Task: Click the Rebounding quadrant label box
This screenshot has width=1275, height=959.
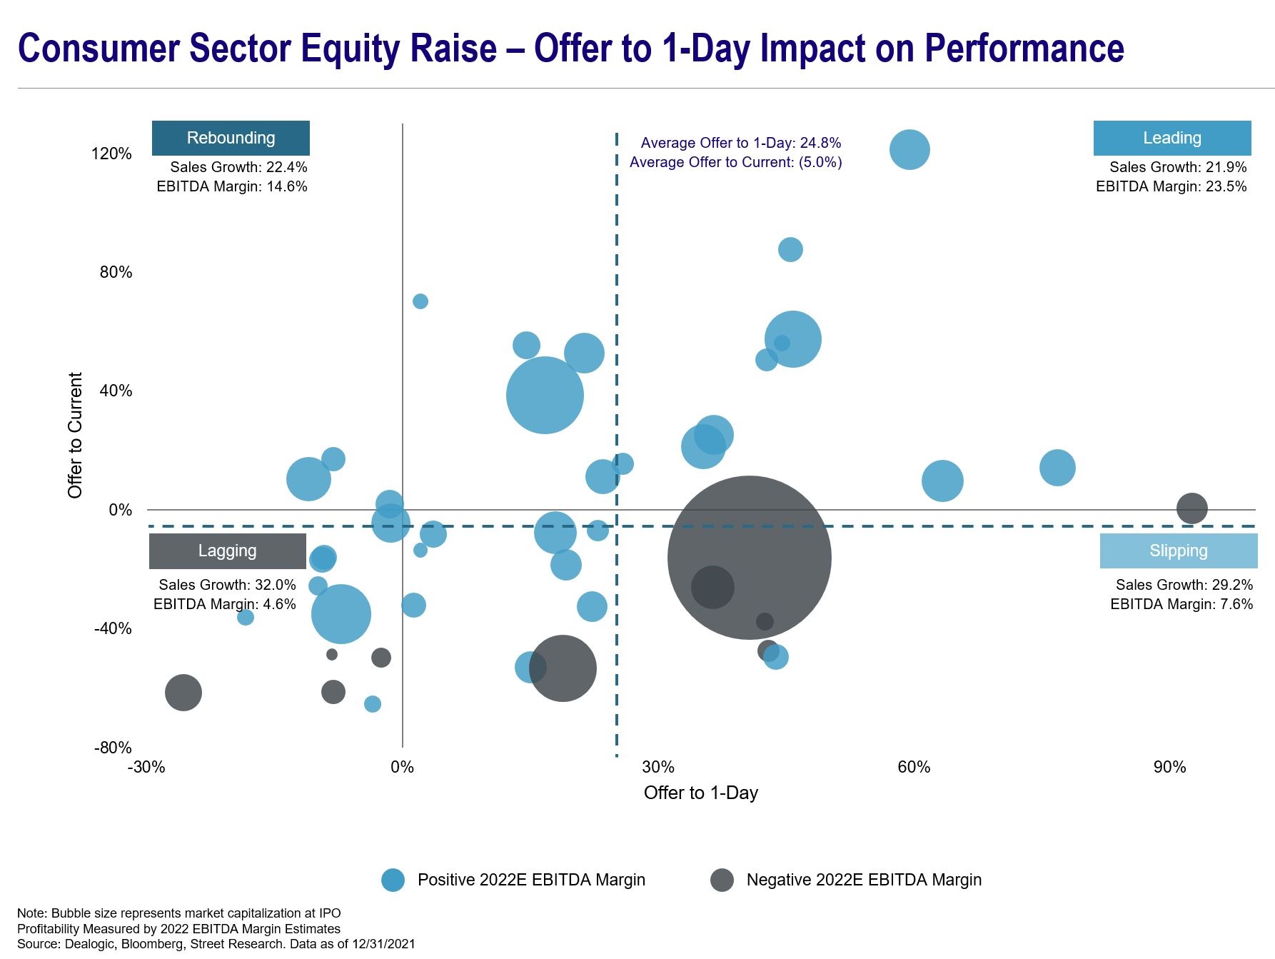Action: coord(231,138)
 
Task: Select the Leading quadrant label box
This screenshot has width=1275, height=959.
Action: coord(1171,138)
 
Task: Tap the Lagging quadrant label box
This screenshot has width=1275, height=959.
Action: coord(227,551)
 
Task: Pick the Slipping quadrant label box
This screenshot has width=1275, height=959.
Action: coord(1178,551)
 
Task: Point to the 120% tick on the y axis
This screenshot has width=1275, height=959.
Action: coord(111,154)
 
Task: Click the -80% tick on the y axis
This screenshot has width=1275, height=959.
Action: coord(113,748)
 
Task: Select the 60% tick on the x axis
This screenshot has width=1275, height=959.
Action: coord(914,767)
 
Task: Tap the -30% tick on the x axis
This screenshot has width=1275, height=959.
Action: coord(146,767)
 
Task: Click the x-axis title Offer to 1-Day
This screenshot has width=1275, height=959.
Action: coord(700,793)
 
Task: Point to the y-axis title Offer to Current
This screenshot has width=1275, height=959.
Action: coord(75,435)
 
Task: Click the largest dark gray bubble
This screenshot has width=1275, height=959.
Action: coord(749,558)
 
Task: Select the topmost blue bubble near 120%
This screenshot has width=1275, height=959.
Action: coord(909,150)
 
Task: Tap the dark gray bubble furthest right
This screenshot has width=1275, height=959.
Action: coord(1191,508)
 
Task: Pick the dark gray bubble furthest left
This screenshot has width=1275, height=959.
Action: coord(183,692)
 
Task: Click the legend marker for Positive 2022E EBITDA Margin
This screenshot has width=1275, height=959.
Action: coord(393,880)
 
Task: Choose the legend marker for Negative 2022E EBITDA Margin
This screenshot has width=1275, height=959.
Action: coord(722,880)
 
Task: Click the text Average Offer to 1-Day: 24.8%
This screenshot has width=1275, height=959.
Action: coord(740,143)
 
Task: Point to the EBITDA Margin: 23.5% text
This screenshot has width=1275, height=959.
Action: coord(1171,186)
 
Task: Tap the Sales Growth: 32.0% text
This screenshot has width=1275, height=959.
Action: coord(227,585)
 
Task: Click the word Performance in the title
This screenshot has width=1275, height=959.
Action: coord(1024,49)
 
